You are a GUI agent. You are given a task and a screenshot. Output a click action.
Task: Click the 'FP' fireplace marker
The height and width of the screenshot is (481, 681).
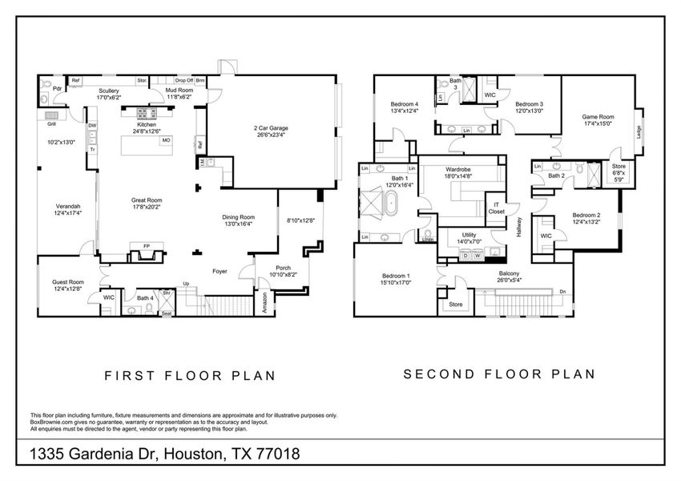pyautogui.click(x=146, y=246)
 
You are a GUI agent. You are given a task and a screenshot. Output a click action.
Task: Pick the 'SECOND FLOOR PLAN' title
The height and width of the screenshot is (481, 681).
pyautogui.click(x=499, y=374)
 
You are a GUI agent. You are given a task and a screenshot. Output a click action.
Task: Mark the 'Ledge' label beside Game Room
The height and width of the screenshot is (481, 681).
pyautogui.click(x=639, y=131)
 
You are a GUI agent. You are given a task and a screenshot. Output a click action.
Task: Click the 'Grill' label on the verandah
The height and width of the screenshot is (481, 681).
pyautogui.click(x=50, y=124)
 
